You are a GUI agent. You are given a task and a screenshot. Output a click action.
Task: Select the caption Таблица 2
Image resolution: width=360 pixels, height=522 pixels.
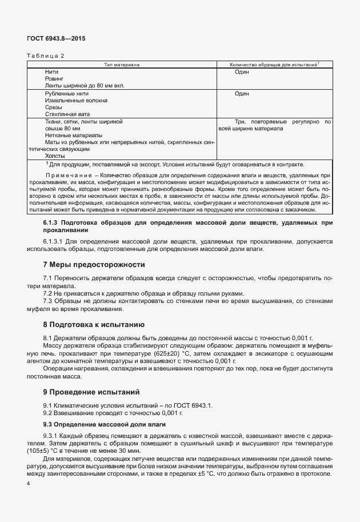click(46, 55)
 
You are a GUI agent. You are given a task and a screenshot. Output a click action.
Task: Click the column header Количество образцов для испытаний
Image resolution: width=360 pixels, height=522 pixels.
click(273, 65)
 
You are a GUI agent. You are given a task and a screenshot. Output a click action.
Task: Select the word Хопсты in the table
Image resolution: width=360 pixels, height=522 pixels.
click(55, 155)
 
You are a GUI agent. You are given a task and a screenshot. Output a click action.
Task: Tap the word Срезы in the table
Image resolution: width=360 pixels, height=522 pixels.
click(53, 107)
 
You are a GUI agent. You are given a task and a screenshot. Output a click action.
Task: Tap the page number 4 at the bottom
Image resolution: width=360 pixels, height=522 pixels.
click(28, 484)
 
